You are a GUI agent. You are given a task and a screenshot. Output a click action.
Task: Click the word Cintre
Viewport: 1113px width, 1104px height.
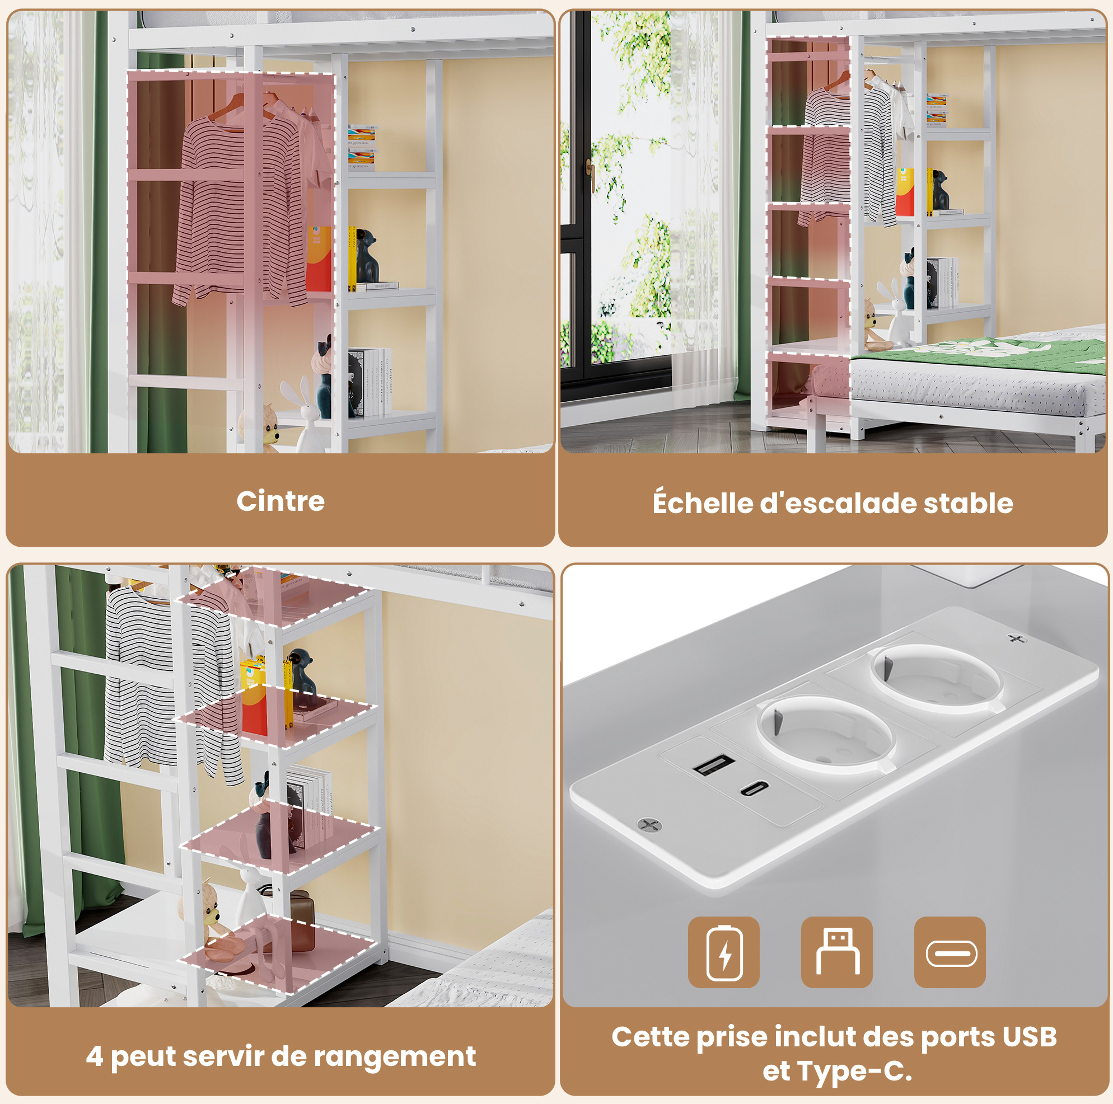(280, 501)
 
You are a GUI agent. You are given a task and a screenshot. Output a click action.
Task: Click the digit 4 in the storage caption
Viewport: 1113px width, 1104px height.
(95, 1056)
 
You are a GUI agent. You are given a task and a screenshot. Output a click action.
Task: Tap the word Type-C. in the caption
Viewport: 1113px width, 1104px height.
(838, 1072)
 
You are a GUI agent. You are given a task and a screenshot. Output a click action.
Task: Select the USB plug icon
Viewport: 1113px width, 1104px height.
(836, 952)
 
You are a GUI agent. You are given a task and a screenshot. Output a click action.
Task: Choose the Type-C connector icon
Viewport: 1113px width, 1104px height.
(950, 952)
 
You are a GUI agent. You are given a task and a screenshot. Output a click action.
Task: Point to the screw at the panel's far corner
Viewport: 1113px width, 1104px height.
(1016, 638)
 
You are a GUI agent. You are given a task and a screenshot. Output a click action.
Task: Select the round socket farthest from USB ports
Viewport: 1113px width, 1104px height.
(936, 678)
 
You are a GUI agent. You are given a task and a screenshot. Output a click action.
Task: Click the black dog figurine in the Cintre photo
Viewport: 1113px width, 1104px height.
(366, 256)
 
